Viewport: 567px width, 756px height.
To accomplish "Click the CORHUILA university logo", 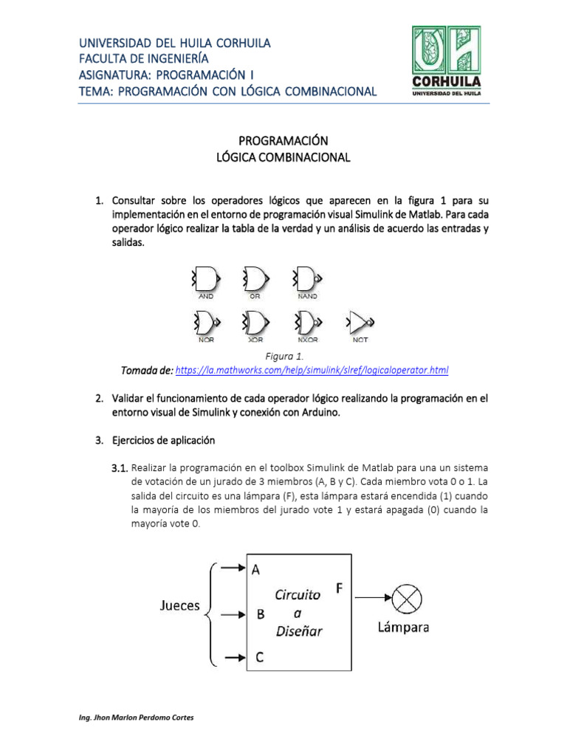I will (x=445, y=61).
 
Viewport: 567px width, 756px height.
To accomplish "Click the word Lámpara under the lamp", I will (x=403, y=628).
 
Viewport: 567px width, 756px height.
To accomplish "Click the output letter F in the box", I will (x=340, y=588).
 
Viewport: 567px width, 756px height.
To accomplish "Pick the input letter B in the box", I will (x=261, y=614).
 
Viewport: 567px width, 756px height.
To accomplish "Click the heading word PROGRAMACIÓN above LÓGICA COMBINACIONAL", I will (x=283, y=140).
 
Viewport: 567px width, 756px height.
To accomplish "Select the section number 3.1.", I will (x=120, y=469).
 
